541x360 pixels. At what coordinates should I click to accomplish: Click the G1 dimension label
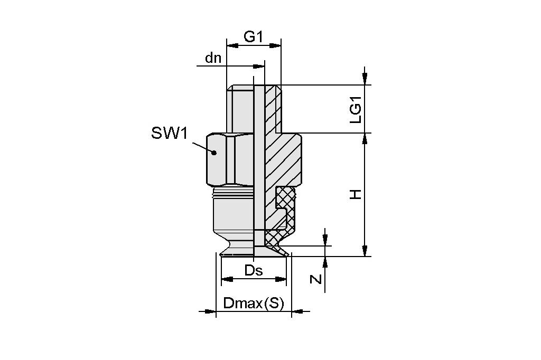click(x=253, y=36)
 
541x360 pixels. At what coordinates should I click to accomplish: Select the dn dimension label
click(x=213, y=58)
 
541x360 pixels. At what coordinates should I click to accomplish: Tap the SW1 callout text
click(x=169, y=133)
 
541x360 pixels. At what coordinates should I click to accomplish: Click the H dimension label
click(x=357, y=194)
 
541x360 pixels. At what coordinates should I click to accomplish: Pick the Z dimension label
click(x=315, y=278)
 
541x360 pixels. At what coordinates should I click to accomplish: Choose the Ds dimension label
click(x=254, y=271)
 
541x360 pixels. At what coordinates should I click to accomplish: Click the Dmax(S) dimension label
click(x=254, y=304)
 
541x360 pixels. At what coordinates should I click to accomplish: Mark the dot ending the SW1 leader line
click(x=214, y=153)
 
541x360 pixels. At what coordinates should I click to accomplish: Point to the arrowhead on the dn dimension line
click(x=259, y=67)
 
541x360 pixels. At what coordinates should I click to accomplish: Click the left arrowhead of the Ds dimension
click(x=226, y=279)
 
